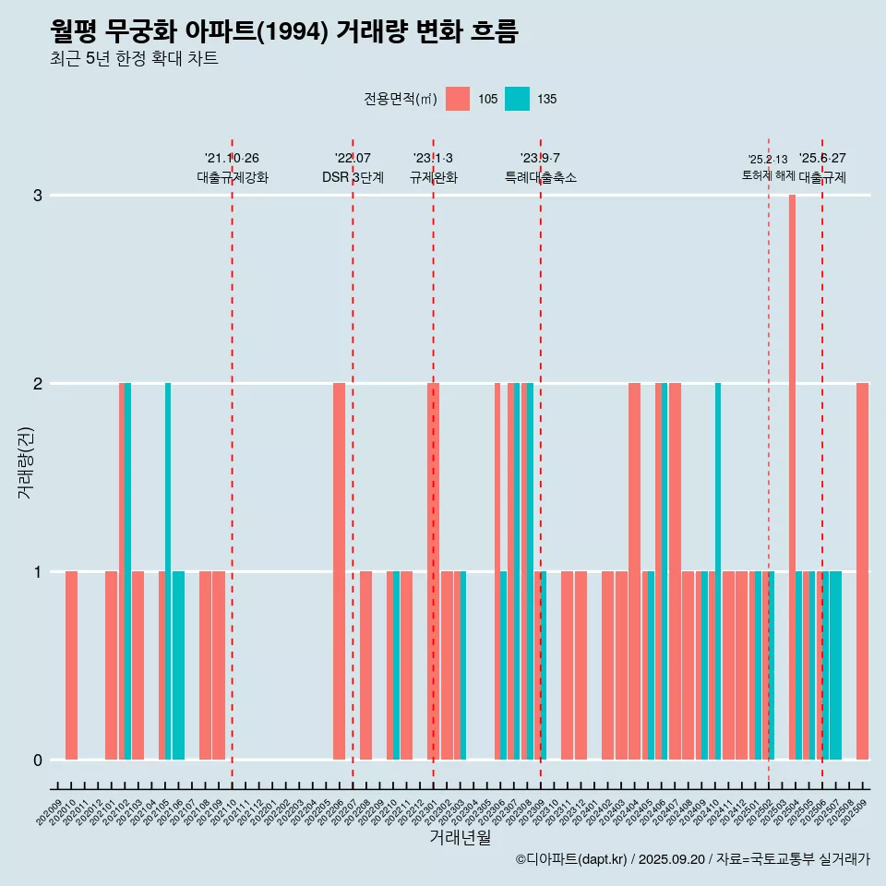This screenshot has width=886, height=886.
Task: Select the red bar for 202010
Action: pos(71,665)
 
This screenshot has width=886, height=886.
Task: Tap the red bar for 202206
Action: pos(339,571)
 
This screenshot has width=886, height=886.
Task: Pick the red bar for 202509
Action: pos(862,571)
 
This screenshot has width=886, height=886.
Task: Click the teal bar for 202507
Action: pos(835,665)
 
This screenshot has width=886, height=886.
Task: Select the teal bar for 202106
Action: pos(178,665)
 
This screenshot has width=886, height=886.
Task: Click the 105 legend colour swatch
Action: pos(458,99)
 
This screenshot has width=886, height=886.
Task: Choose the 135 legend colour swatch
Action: pos(517,99)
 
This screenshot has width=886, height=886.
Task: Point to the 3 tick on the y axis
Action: pos(38,196)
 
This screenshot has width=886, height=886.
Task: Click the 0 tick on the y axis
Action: pos(38,760)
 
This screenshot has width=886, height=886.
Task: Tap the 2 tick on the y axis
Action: pos(38,383)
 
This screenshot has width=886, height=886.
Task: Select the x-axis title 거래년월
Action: pos(460,837)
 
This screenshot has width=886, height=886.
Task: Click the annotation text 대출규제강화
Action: pos(233,177)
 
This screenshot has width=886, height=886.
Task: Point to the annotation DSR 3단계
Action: pos(353,177)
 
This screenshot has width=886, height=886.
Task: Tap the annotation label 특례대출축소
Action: pos(541,177)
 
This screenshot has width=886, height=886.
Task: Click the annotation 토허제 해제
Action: pos(768,174)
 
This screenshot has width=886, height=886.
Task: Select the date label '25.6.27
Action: pos(822,159)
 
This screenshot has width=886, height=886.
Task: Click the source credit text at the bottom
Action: pos(692,859)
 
